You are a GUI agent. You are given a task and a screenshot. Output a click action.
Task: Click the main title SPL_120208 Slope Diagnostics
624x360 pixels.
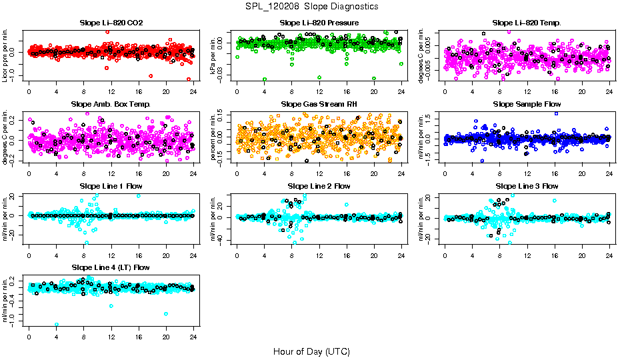311,6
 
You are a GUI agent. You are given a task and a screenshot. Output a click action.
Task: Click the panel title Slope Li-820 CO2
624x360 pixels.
111,23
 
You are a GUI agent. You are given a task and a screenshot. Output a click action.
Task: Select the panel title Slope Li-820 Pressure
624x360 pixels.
319,23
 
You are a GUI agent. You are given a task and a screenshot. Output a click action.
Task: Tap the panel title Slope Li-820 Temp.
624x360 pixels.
527,23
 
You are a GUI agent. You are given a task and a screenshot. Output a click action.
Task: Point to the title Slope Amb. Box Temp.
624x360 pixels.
111,104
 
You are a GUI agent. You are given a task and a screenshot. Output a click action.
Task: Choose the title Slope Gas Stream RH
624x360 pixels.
319,104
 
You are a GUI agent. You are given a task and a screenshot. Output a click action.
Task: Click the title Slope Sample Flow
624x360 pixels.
527,104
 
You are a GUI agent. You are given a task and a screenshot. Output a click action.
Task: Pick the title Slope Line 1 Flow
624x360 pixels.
111,185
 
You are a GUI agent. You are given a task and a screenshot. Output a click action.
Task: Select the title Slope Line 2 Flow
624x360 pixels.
319,185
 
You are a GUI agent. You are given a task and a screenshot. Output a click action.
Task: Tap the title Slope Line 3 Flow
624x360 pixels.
527,185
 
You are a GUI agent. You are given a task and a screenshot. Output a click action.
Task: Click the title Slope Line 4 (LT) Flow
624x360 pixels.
111,267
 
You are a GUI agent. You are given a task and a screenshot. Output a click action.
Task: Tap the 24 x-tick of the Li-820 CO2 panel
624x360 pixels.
193,91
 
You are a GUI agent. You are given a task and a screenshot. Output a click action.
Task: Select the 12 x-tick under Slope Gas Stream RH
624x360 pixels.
319,173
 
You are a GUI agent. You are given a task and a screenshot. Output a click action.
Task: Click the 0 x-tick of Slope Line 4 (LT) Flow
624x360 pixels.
29,336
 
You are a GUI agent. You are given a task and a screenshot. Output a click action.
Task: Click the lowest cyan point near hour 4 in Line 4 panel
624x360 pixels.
56,325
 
